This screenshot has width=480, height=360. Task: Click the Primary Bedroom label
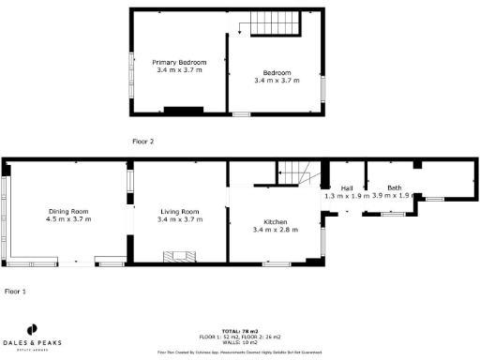pos(179,62)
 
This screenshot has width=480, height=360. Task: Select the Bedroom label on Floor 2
pos(277,72)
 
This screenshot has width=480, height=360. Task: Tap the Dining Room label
pos(68,211)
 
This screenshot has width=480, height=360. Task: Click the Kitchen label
pos(275,221)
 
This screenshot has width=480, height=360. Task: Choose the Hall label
pos(346,188)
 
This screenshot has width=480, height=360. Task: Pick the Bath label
pos(395,187)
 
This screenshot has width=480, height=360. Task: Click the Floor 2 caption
pos(142,142)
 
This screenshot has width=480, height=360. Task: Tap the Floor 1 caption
pos(15,292)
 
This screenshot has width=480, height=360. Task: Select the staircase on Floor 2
pos(271,25)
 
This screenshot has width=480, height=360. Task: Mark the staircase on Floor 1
pos(297,172)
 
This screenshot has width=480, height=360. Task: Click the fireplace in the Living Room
pos(178,256)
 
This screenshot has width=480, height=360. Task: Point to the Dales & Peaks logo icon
pos(32,330)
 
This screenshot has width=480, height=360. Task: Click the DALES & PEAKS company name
pos(32,343)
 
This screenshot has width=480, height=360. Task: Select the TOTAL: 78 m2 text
pos(240,331)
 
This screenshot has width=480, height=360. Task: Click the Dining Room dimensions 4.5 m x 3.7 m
pos(68,219)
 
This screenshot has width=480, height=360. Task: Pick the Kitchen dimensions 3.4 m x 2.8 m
pos(275,230)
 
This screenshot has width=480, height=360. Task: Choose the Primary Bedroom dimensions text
pos(179,70)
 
